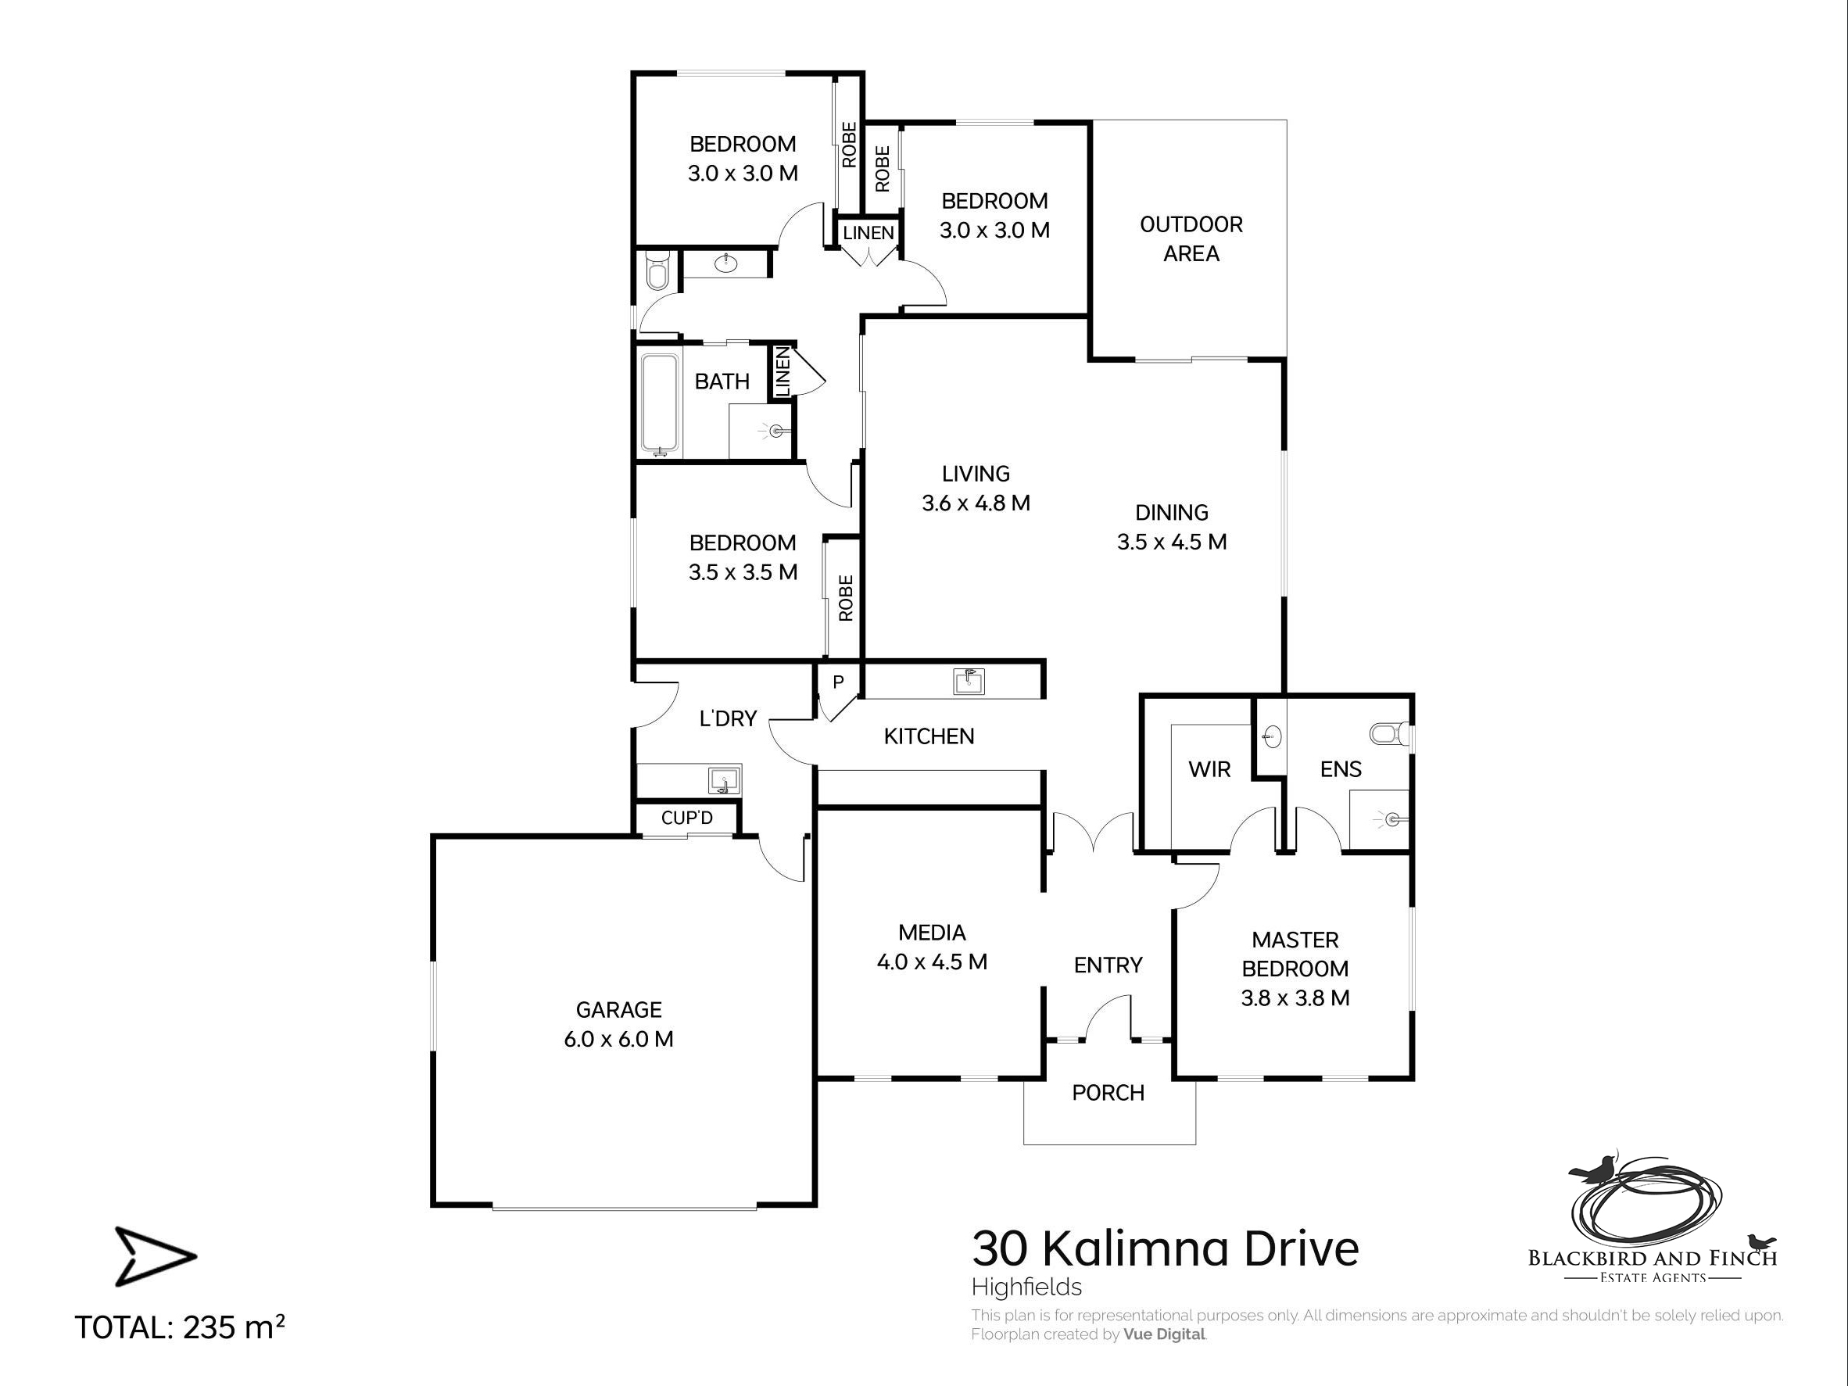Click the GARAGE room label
tap(618, 1009)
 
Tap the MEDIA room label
tap(932, 933)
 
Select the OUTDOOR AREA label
tap(1191, 239)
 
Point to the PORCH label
tap(1108, 1093)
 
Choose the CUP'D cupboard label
tap(686, 818)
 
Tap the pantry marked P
tap(838, 682)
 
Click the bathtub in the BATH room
tap(660, 406)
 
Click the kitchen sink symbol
tap(969, 682)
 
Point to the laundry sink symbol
tap(725, 781)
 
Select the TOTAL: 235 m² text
tap(180, 1327)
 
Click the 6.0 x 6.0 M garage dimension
tap(618, 1039)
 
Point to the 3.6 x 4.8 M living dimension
tap(976, 503)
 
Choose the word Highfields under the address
tap(1026, 1287)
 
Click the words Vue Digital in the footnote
tap(1164, 1334)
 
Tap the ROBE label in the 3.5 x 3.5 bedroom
tap(846, 597)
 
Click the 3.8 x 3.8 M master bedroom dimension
tap(1295, 997)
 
